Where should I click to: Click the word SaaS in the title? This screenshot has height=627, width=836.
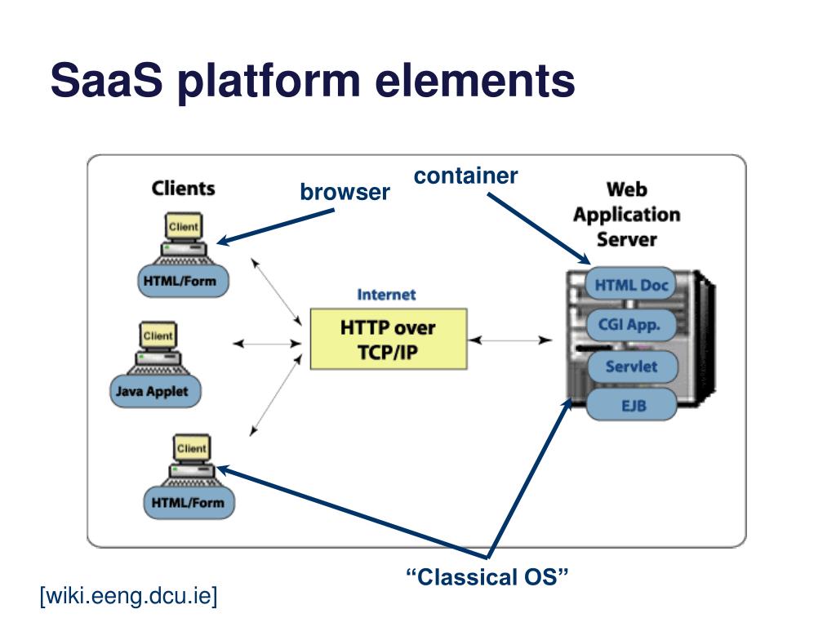(x=106, y=80)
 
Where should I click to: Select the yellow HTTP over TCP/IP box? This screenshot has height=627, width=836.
(x=389, y=339)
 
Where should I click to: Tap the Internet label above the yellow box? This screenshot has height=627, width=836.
(x=386, y=294)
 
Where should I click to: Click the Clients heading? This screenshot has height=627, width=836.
(x=184, y=189)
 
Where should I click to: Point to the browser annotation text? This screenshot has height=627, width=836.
(x=345, y=192)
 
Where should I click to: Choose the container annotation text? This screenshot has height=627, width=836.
(x=465, y=176)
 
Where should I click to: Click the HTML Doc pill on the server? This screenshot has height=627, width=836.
(x=631, y=285)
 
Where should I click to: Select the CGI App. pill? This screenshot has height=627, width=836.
(x=631, y=325)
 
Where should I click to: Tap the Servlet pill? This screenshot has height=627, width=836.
(x=632, y=367)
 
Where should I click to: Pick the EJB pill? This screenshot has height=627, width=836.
(x=632, y=405)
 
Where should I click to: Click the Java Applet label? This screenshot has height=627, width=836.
(x=155, y=391)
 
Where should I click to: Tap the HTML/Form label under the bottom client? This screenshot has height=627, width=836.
(x=189, y=503)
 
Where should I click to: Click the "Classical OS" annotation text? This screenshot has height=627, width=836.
(x=487, y=577)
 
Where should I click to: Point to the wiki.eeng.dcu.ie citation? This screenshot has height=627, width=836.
(x=128, y=595)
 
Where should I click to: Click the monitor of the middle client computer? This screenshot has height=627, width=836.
(x=158, y=336)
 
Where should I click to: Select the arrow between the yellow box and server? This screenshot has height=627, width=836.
(x=510, y=340)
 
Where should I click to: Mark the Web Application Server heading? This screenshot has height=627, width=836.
(x=627, y=215)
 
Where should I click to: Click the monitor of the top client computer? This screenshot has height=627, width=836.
(x=184, y=227)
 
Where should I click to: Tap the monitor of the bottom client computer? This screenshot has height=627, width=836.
(x=191, y=448)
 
